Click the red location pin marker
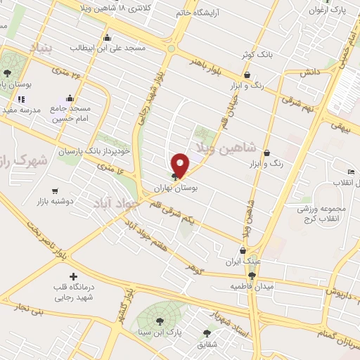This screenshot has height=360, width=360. (x=181, y=165)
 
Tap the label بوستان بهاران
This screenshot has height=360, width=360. (x=176, y=188)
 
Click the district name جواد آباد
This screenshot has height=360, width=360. (x=112, y=202)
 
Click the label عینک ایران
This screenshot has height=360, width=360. (x=244, y=261)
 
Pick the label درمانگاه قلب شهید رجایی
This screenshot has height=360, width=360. (x=73, y=292)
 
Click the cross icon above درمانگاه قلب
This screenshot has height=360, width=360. (x=72, y=276)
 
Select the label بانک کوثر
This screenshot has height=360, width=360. (x=256, y=53)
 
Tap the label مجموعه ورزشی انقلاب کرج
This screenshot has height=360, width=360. (x=321, y=214)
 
